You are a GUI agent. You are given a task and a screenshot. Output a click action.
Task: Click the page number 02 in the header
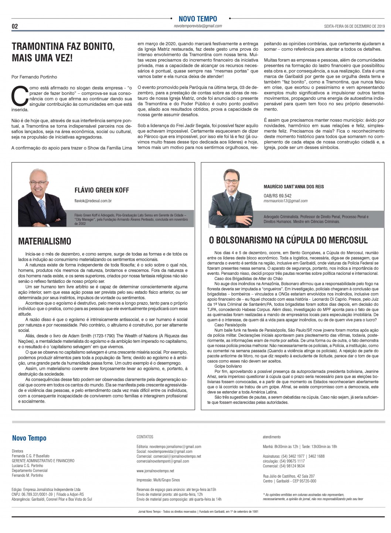pos(15,26)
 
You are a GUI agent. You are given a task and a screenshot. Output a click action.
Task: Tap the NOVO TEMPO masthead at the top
pos(198,19)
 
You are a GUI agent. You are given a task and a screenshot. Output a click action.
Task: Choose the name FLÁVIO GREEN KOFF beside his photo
pos(102,190)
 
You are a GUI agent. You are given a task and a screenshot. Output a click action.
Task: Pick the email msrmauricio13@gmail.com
pos(286,201)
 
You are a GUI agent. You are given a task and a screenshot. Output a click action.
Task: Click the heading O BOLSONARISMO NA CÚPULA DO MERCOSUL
pos(288,240)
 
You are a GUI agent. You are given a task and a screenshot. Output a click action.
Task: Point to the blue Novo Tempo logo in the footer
pos(29,438)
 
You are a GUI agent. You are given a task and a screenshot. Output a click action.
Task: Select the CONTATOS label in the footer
pos(145,437)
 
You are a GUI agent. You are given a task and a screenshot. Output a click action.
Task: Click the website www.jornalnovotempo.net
pos(155,471)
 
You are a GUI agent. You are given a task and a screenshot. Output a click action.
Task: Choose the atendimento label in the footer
pos(272,437)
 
